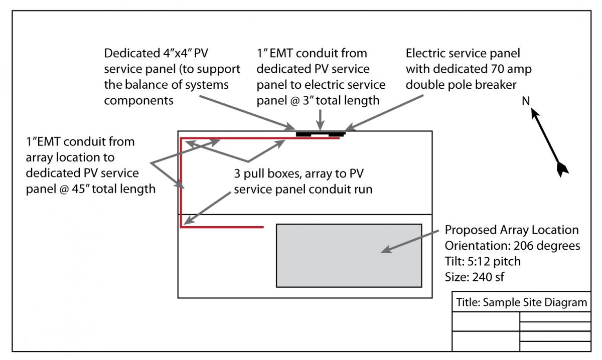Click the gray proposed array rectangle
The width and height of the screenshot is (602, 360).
click(x=349, y=256)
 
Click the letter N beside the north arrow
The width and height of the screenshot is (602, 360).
click(x=526, y=101)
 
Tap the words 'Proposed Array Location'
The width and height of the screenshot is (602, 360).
click(x=512, y=230)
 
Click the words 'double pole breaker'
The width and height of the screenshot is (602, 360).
click(x=461, y=85)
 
